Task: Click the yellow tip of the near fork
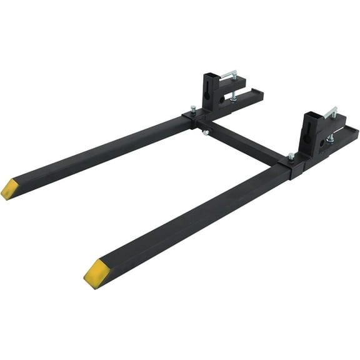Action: [97, 273]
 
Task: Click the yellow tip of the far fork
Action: [10, 189]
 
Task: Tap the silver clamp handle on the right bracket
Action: [331, 113]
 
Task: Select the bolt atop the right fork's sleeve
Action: [291, 156]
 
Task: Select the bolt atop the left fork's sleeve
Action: [192, 110]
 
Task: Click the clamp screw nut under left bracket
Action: [233, 96]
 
